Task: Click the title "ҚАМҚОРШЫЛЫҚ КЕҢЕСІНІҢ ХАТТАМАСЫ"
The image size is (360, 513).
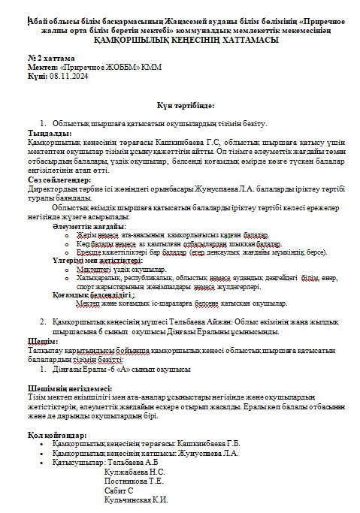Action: click(180, 39)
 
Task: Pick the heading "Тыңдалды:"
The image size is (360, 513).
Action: click(44, 131)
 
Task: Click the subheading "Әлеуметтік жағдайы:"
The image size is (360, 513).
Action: click(89, 225)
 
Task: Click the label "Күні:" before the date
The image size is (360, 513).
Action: click(37, 77)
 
